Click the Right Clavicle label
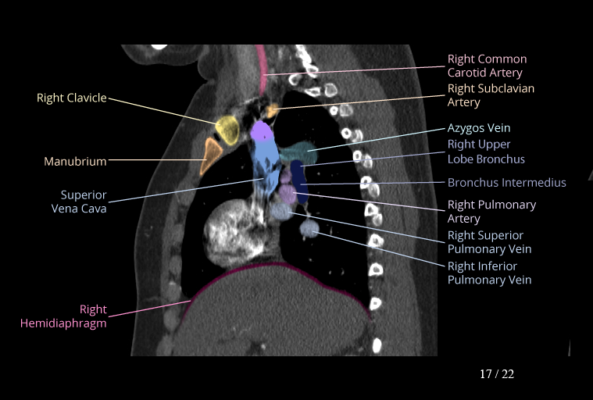pyautogui.click(x=71, y=98)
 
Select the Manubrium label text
pyautogui.click(x=75, y=162)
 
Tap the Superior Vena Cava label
pyautogui.click(x=79, y=202)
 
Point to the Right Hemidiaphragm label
pyautogui.click(x=63, y=316)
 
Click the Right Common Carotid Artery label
pyautogui.click(x=487, y=66)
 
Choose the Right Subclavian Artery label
pyautogui.click(x=491, y=95)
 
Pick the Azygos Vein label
pyautogui.click(x=479, y=128)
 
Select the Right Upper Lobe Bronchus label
pyautogui.click(x=486, y=152)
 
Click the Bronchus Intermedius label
pyautogui.click(x=507, y=183)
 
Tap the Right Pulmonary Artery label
pyautogui.click(x=491, y=212)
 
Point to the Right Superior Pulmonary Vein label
pyautogui.click(x=489, y=242)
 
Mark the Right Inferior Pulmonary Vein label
pyautogui.click(x=489, y=273)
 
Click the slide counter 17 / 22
pyautogui.click(x=497, y=374)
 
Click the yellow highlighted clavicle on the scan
pyautogui.click(x=227, y=130)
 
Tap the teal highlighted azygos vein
pyautogui.click(x=298, y=152)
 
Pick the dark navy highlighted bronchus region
pyautogui.click(x=299, y=181)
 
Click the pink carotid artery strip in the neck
pyautogui.click(x=261, y=70)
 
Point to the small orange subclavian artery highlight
pyautogui.click(x=272, y=111)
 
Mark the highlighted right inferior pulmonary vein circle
pyautogui.click(x=309, y=228)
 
